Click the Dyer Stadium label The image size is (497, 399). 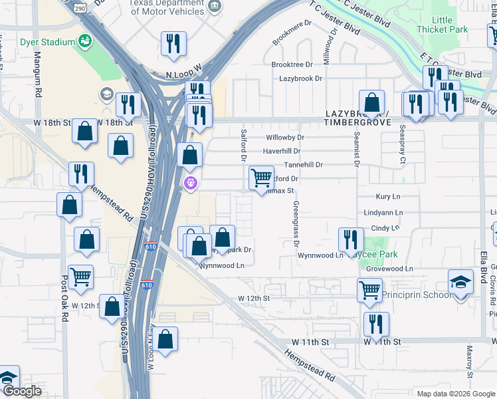coord(48,41)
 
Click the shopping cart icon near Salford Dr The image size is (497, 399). coord(261,178)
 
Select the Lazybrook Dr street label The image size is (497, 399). coord(300,78)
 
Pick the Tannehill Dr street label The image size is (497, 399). coord(303,164)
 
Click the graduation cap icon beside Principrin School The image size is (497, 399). coord(460,282)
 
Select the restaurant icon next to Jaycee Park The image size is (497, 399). coord(351,239)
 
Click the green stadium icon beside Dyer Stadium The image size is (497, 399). coord(85,41)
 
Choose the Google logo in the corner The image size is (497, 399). coord(21,391)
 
